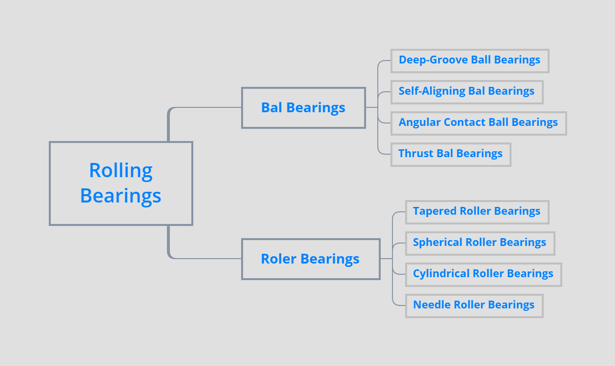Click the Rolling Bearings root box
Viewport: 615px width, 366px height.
tap(121, 183)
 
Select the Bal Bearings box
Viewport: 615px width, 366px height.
tap(303, 108)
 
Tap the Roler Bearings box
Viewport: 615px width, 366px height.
tap(310, 259)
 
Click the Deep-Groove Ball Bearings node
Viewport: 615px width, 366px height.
tap(470, 61)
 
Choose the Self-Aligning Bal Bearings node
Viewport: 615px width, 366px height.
tap(467, 92)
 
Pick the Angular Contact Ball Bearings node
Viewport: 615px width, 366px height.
tap(478, 123)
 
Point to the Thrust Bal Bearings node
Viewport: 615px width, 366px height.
tap(451, 154)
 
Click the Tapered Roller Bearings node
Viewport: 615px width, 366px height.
tap(477, 212)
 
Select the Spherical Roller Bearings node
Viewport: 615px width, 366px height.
tap(480, 243)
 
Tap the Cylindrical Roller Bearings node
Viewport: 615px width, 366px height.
tap(483, 274)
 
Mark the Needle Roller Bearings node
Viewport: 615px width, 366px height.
tap(474, 305)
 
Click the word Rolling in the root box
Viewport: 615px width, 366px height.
tap(121, 171)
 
